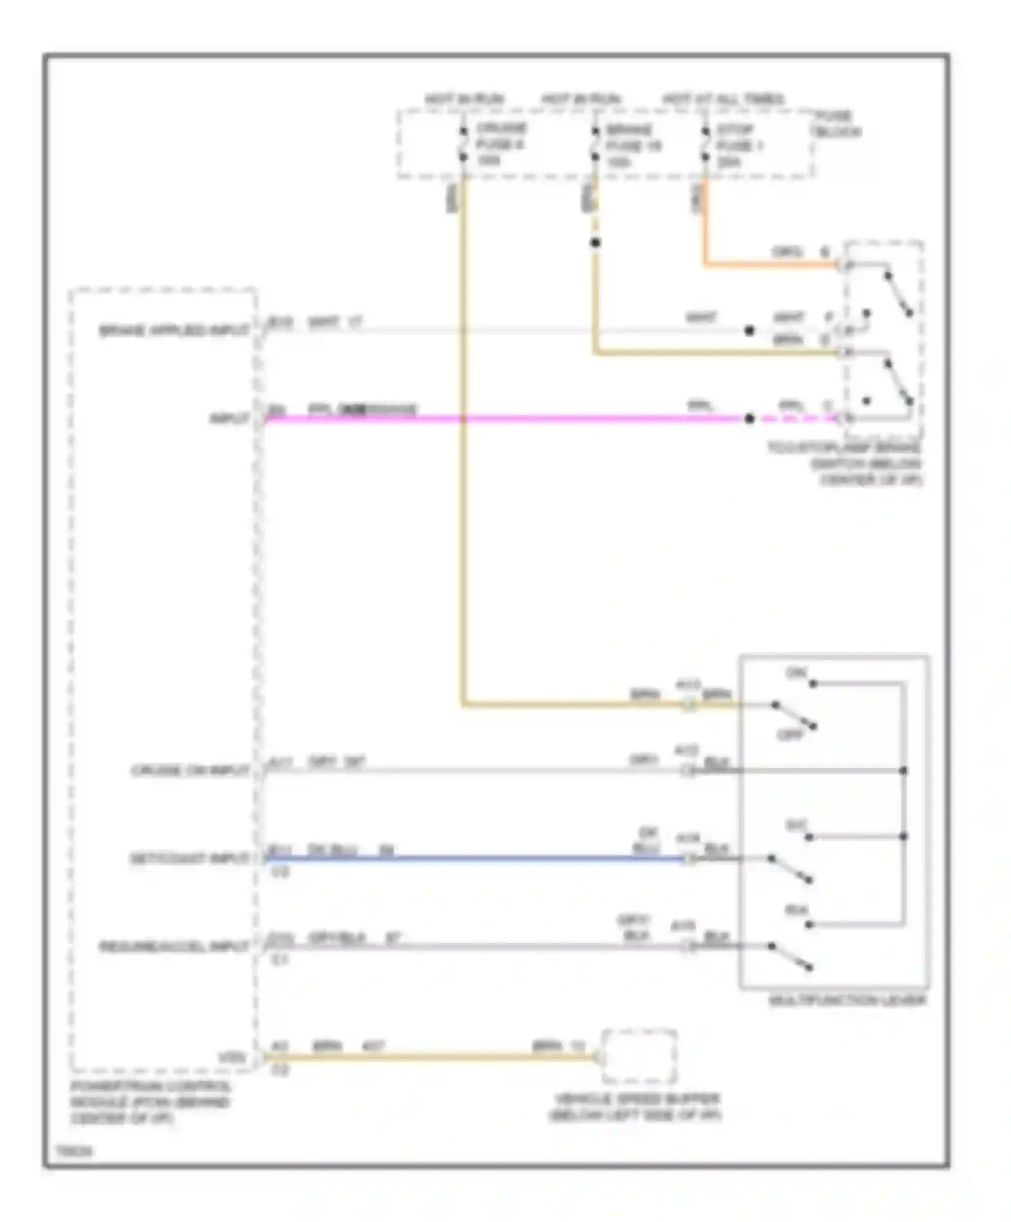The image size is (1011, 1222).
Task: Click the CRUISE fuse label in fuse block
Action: tap(500, 144)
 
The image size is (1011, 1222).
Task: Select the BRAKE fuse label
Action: tap(632, 146)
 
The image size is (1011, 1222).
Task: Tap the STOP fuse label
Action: tap(738, 146)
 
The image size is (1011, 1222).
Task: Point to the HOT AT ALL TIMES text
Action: tap(723, 100)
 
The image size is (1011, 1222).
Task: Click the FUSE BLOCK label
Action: tap(836, 124)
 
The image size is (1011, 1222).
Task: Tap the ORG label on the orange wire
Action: tap(787, 253)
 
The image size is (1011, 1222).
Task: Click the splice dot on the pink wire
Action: tap(749, 418)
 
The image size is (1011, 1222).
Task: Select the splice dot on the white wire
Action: tap(749, 330)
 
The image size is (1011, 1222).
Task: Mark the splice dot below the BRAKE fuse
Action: tap(594, 243)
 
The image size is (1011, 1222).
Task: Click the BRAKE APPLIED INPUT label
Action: tap(175, 331)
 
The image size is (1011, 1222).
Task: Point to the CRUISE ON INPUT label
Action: tap(191, 771)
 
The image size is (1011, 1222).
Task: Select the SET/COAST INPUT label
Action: tap(189, 859)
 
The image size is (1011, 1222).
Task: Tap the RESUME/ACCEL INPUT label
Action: tap(175, 946)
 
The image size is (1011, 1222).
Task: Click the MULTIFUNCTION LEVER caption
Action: tap(847, 1000)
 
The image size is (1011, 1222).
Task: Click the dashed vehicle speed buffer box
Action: tap(638, 1056)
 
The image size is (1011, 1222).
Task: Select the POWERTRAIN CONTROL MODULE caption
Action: tap(150, 1103)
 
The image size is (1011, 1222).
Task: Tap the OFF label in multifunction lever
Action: tap(791, 735)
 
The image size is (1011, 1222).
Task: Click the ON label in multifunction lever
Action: tap(796, 673)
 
